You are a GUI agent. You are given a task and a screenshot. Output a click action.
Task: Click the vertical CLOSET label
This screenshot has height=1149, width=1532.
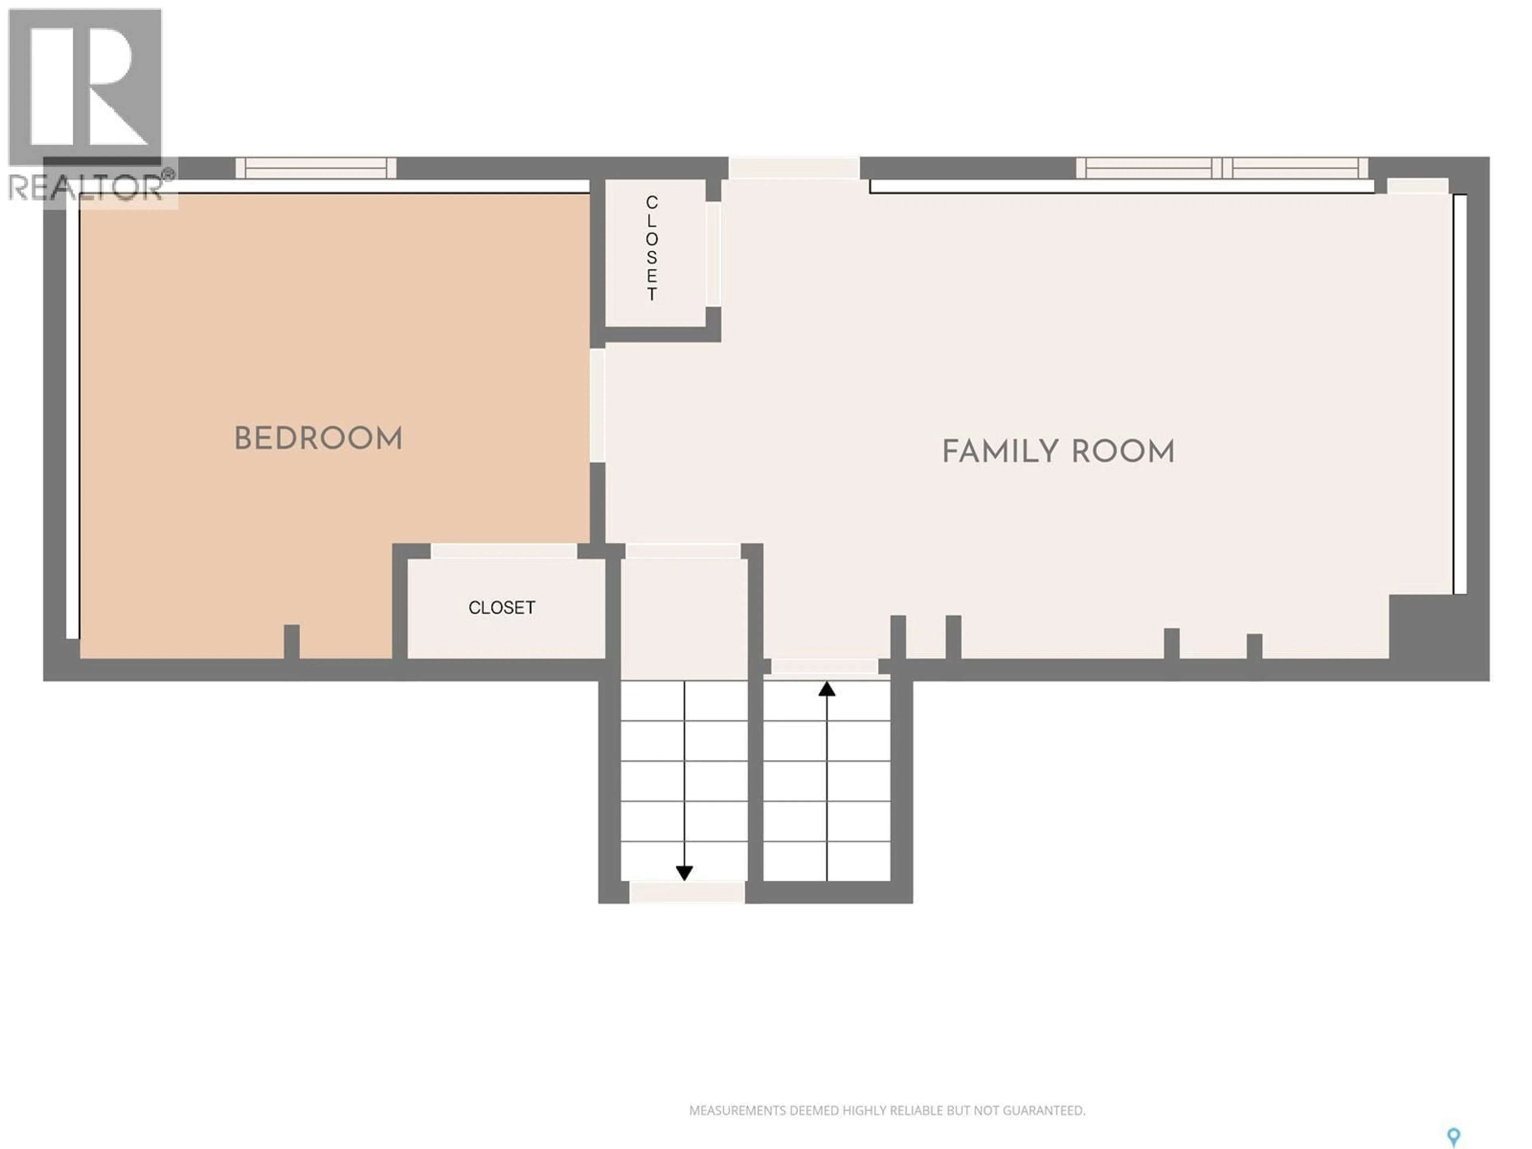[652, 248]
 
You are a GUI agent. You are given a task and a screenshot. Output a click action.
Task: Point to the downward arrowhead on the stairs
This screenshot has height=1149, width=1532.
[684, 873]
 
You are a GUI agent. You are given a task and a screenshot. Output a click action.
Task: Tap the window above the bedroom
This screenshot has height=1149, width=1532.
[316, 168]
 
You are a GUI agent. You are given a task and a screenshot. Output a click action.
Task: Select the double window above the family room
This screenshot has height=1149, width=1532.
[1222, 168]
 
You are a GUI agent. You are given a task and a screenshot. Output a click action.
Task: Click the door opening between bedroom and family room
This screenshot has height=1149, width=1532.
[597, 405]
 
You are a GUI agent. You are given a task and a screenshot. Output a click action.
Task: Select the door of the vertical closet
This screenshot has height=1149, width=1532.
[713, 253]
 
